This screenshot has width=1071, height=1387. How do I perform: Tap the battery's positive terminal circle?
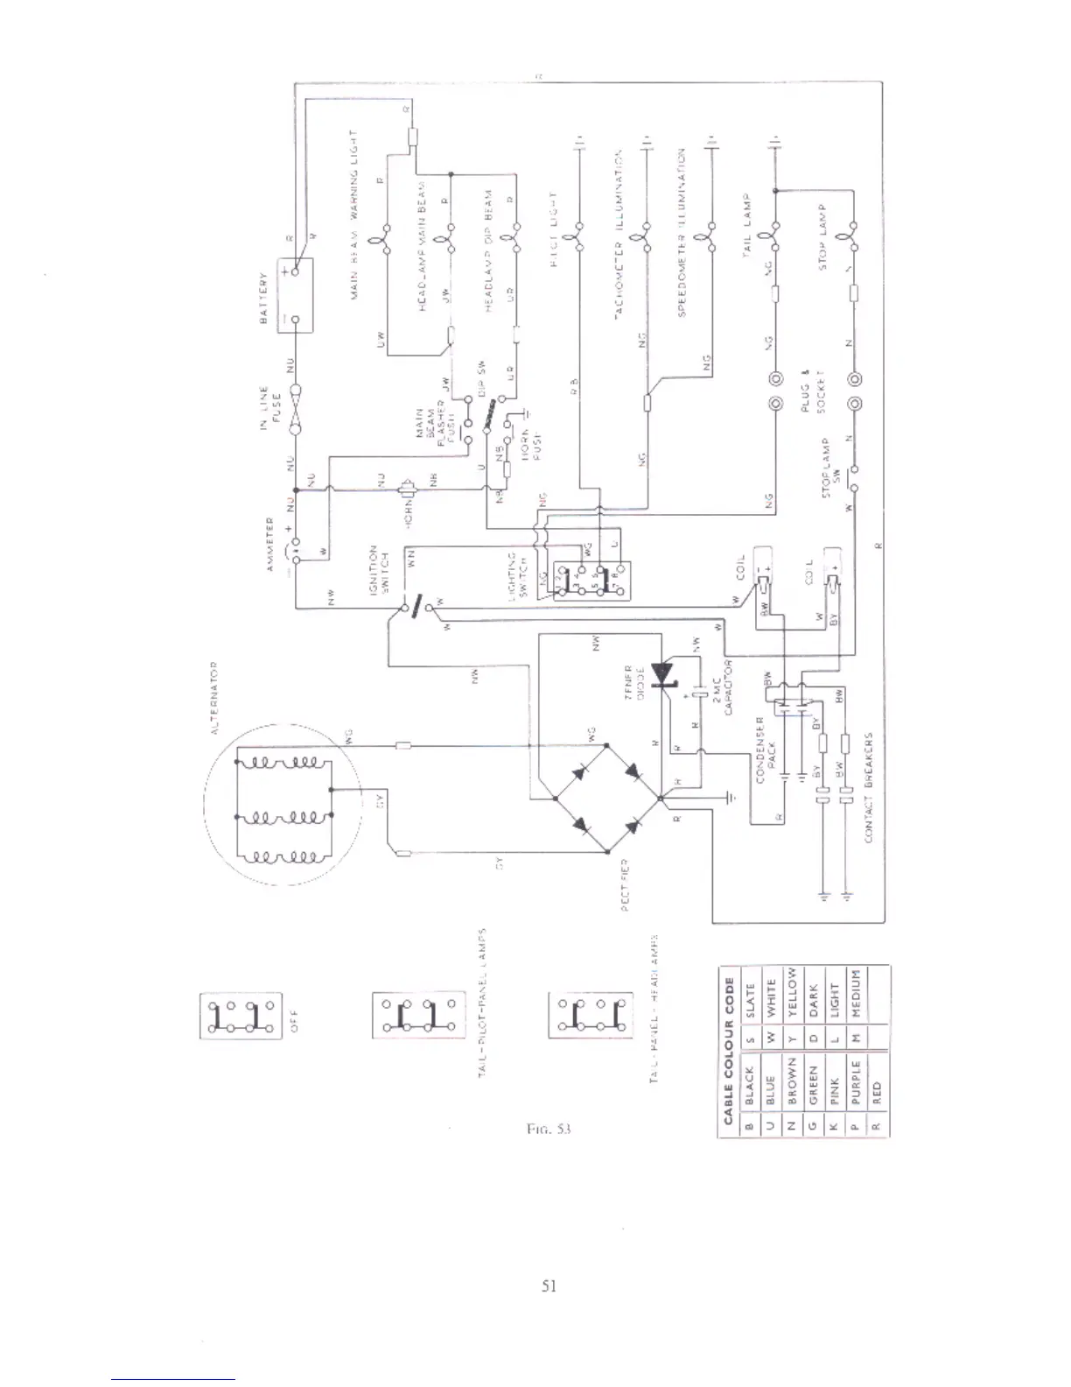click(x=296, y=271)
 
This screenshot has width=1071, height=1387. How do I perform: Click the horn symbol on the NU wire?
click(x=407, y=487)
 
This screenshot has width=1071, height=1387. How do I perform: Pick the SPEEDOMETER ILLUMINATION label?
click(x=682, y=231)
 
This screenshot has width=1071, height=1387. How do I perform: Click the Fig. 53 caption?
click(x=549, y=1129)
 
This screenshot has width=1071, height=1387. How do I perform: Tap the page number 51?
click(x=549, y=1285)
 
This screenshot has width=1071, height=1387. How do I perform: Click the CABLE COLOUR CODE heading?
click(x=728, y=1050)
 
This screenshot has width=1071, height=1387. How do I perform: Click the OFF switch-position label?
click(x=294, y=1017)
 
